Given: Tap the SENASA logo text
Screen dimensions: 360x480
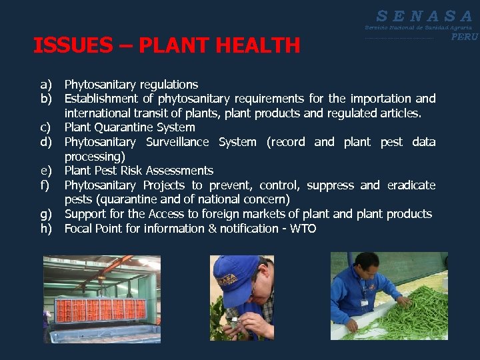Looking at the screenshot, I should pyautogui.click(x=424, y=15).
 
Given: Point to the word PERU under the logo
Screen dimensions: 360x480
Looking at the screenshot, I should pyautogui.click(x=465, y=37).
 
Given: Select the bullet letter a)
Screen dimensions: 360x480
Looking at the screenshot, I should pyautogui.click(x=46, y=85).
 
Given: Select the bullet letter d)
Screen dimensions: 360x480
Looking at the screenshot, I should pyautogui.click(x=46, y=142).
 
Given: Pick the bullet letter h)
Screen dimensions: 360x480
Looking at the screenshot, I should pyautogui.click(x=46, y=229).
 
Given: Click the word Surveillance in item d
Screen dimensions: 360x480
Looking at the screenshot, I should pyautogui.click(x=177, y=142).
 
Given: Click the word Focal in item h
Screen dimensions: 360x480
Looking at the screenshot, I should pyautogui.click(x=79, y=229).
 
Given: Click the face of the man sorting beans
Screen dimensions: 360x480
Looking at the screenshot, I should pyautogui.click(x=369, y=270).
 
